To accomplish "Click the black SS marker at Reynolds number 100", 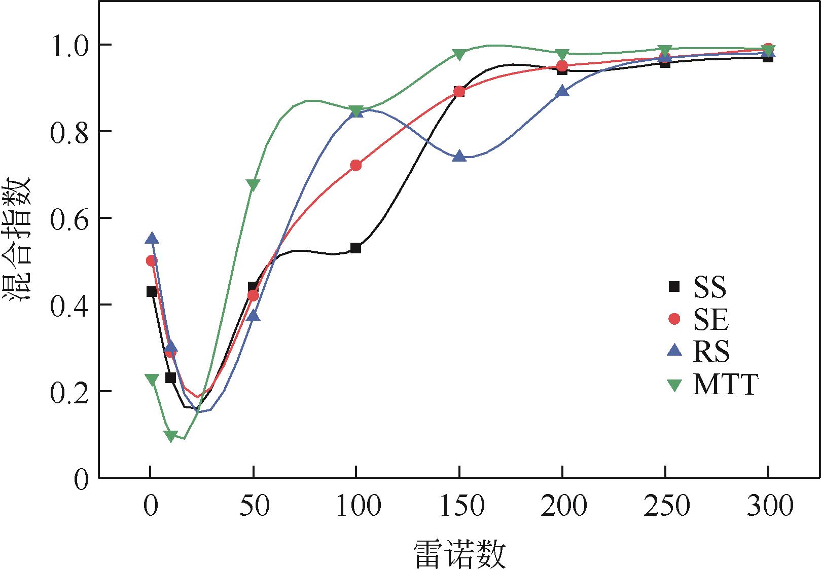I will click(355, 248).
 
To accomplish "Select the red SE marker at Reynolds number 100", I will click(355, 165).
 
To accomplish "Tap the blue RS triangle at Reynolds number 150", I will click(459, 156).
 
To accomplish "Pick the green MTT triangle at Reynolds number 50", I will click(253, 185).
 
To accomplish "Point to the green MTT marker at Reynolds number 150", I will click(459, 54).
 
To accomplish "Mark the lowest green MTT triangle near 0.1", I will click(171, 436).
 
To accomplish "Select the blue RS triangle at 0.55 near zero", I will click(152, 239).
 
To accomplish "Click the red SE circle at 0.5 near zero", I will click(152, 261).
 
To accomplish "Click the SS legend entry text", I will click(710, 287).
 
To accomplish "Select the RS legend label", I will click(711, 352).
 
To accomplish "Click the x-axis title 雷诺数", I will click(460, 554).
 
